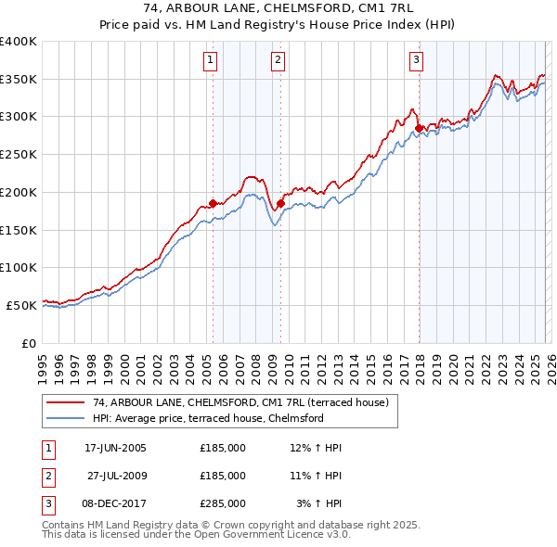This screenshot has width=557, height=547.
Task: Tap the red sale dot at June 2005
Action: click(213, 203)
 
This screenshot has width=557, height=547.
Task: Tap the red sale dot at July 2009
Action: click(280, 203)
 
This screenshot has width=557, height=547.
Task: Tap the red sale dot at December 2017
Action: click(419, 128)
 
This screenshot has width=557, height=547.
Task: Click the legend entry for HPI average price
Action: click(207, 418)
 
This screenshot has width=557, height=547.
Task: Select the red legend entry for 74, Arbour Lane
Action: click(245, 401)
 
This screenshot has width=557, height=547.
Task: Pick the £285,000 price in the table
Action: click(223, 502)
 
